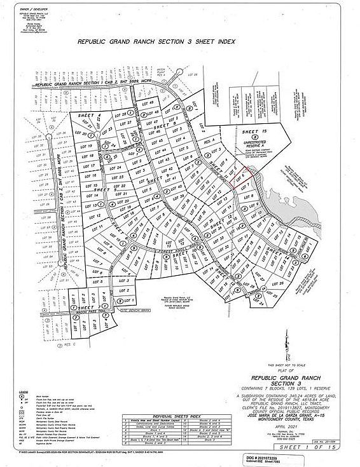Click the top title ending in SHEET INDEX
[156, 42]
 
